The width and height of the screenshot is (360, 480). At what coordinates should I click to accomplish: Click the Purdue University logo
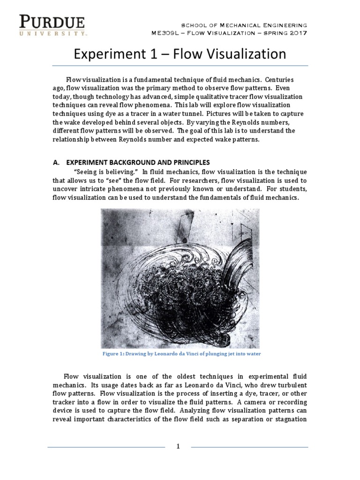52,25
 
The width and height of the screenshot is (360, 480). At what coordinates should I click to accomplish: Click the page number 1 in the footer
178,446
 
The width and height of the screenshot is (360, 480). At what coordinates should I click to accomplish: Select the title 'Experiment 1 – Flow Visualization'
180,54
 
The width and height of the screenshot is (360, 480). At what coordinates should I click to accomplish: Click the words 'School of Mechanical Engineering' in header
245,24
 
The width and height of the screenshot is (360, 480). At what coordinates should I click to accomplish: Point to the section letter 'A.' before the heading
57,162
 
